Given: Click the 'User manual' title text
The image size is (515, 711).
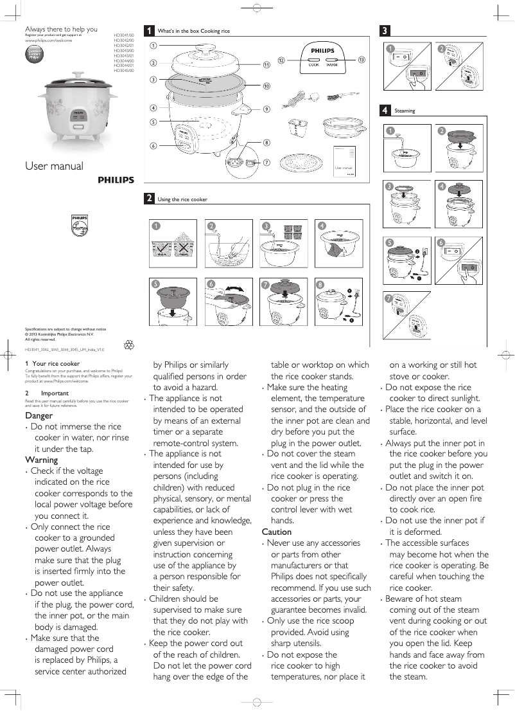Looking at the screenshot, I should click(x=54, y=166).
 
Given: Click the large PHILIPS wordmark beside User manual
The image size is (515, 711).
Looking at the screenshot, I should click(x=116, y=181).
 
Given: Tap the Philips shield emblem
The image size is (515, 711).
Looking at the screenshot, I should click(x=78, y=226).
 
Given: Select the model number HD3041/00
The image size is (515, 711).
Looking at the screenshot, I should click(x=124, y=35).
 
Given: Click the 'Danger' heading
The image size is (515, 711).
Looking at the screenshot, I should click(x=39, y=415).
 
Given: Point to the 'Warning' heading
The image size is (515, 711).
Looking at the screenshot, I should click(x=41, y=460).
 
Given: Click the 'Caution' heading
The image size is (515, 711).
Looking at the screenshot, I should click(x=277, y=532).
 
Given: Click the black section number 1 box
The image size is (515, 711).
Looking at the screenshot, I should click(x=149, y=30).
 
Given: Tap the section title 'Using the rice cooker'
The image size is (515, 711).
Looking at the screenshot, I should click(x=182, y=199).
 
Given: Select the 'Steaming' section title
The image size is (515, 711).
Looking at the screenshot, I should click(x=405, y=111).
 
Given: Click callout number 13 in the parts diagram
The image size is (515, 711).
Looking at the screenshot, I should click(x=362, y=60).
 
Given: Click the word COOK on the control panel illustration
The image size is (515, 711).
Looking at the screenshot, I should click(x=314, y=64).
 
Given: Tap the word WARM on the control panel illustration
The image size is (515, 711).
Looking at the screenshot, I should click(x=332, y=64).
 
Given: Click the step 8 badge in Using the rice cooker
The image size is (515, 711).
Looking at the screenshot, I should click(x=319, y=283).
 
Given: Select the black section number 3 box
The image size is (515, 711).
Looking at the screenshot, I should click(x=384, y=30).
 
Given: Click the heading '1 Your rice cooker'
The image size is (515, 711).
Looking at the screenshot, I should click(x=52, y=363).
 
